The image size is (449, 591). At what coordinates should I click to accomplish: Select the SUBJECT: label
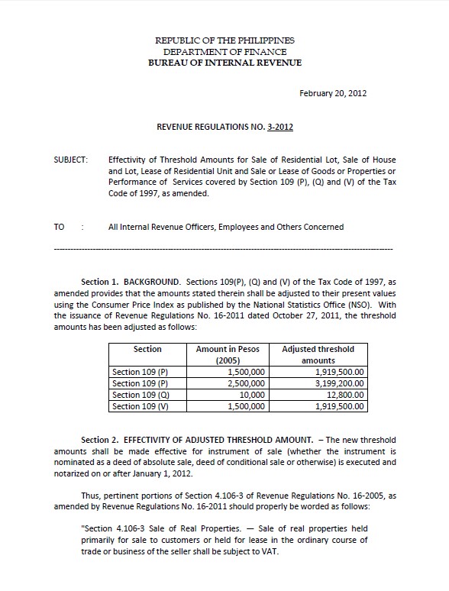point(71,160)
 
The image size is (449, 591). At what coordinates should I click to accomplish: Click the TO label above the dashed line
point(60,227)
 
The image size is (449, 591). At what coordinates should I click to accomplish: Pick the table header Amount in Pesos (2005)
point(228,354)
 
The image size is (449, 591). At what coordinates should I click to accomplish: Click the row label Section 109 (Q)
point(139,395)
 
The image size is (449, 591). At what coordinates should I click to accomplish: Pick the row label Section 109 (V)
point(139,406)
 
